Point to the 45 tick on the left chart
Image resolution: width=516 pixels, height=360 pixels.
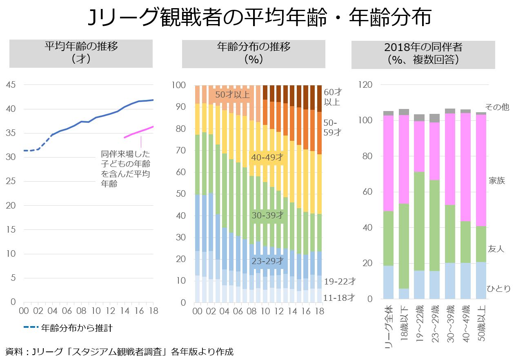(x=11, y=85)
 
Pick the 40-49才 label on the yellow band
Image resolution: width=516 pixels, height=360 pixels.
(x=267, y=158)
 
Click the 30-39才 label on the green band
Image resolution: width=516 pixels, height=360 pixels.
(x=267, y=216)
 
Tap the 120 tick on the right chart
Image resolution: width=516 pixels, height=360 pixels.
(x=366, y=85)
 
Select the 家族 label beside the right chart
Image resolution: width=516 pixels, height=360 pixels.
(x=497, y=180)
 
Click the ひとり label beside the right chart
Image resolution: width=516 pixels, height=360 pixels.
(x=498, y=289)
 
